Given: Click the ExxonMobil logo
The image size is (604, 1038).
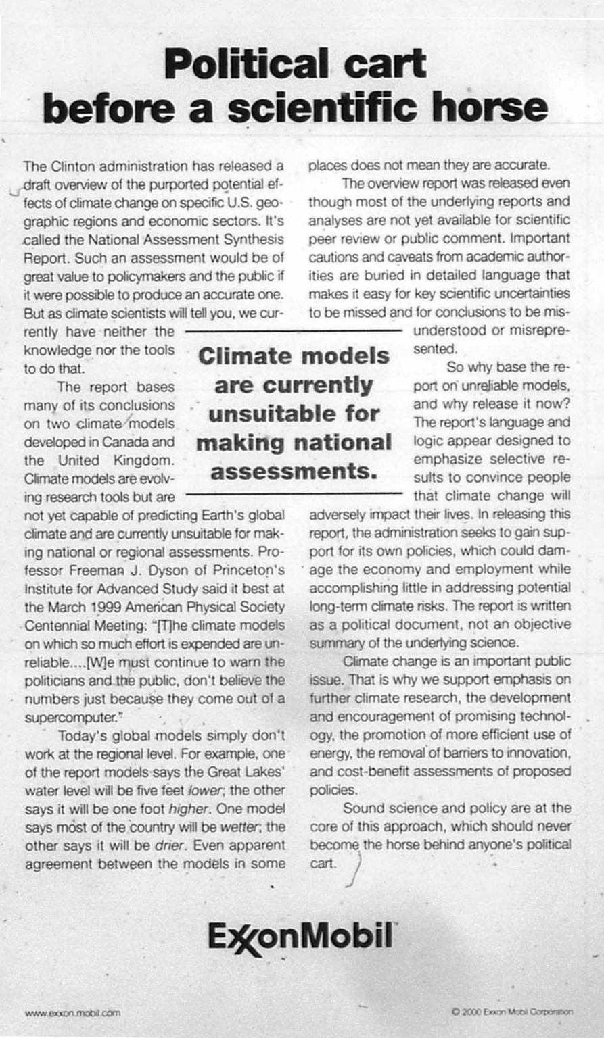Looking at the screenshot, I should [301, 937].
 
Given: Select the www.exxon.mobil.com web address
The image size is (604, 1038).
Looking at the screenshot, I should [72, 1012].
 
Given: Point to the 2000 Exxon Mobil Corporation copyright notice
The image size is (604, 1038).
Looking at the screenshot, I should [511, 1012].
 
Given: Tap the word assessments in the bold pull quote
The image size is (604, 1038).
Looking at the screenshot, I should [294, 472].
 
